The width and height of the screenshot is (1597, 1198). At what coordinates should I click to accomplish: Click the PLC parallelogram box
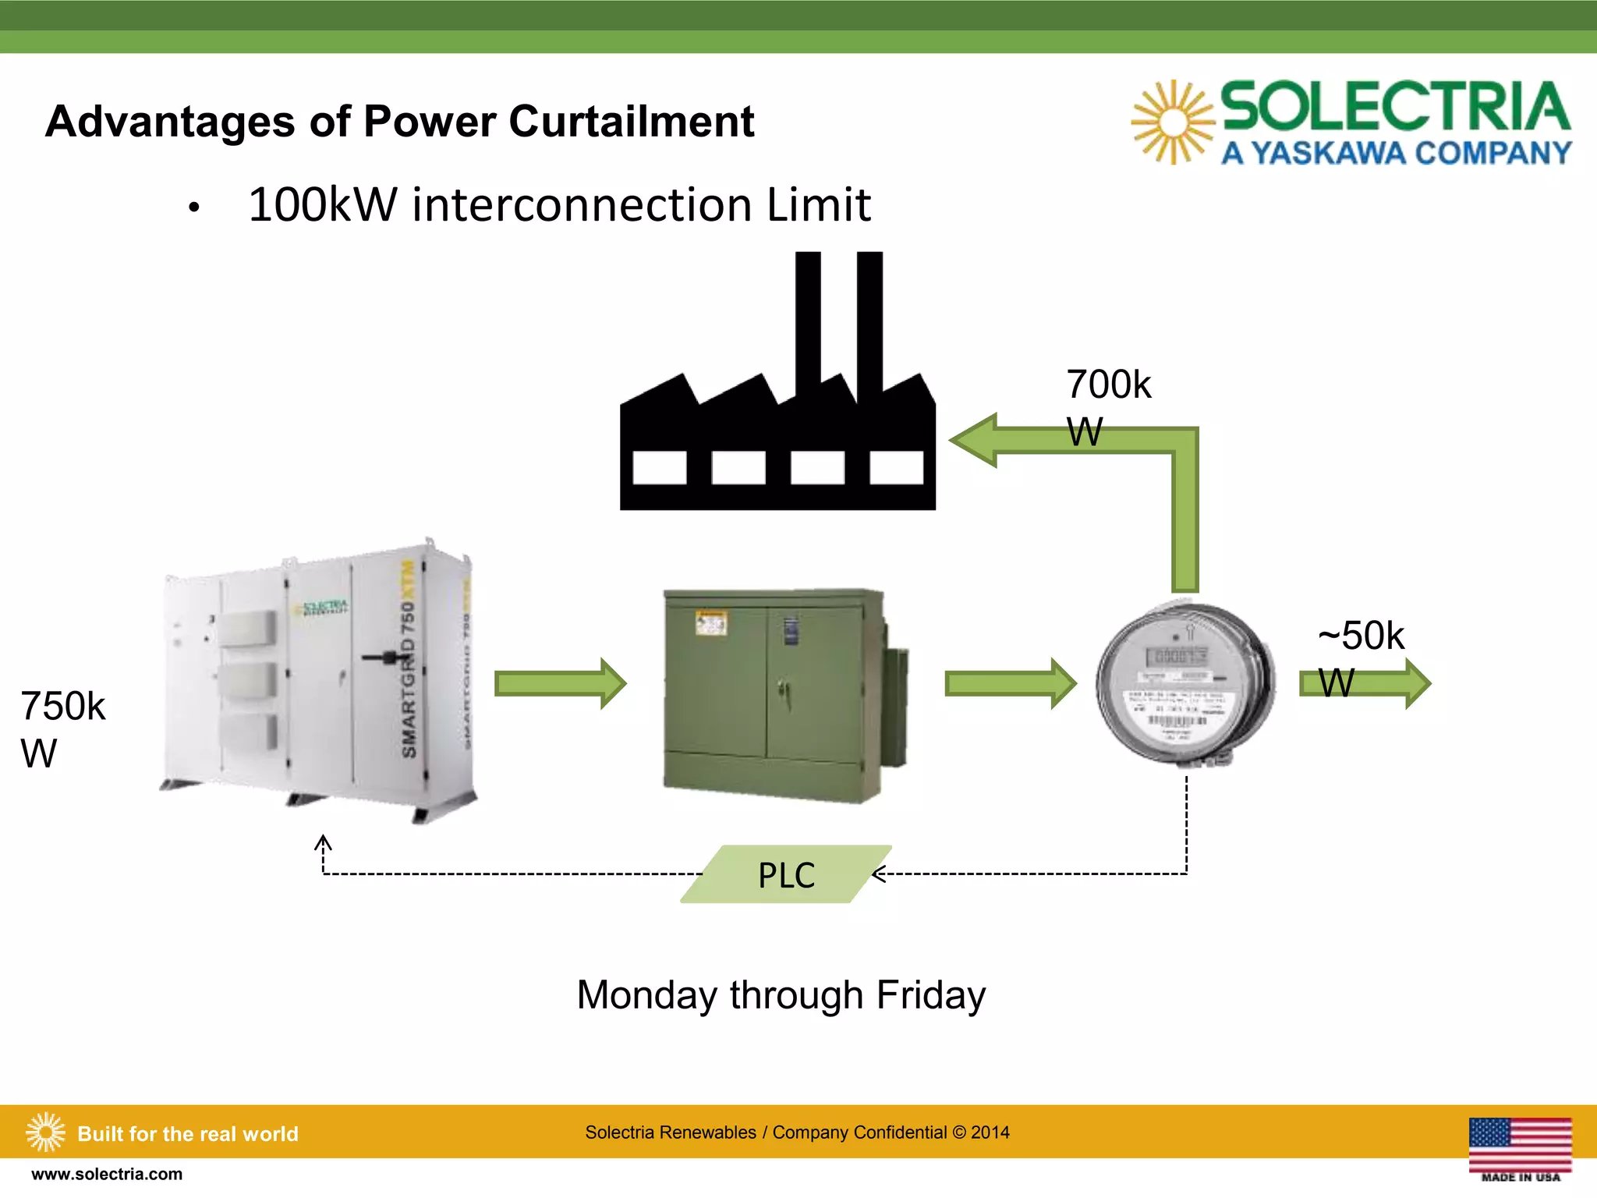pos(786,874)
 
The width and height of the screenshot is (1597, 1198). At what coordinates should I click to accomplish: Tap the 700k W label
pos(1107,407)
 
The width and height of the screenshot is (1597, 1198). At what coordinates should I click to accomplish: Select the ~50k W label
pos(1360,658)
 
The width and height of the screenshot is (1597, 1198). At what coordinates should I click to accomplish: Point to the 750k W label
pos(62,729)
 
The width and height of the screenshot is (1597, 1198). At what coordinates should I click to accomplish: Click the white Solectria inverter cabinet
pos(320,682)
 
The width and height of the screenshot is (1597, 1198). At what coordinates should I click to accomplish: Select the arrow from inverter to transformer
pos(560,683)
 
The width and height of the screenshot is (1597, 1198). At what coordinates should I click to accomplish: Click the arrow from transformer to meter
pos(1010,683)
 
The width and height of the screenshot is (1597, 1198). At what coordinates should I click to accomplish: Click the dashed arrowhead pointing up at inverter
pos(323,844)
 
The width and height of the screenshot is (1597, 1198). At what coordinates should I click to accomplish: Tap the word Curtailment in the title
pos(632,122)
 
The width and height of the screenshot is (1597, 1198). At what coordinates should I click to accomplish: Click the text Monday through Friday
pos(781,995)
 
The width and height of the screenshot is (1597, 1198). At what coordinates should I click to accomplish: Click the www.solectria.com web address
pos(107,1174)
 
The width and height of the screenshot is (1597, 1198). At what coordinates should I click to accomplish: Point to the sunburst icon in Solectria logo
pos(1172,122)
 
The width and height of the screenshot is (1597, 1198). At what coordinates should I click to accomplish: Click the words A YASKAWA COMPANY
pos(1396,153)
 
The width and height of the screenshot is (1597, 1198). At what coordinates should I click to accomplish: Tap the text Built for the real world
pos(188,1133)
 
